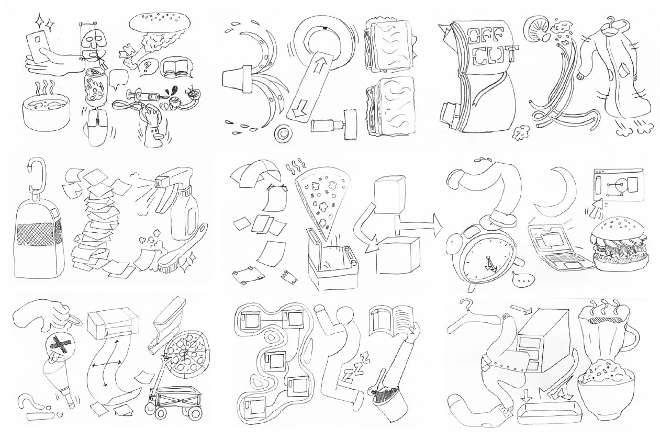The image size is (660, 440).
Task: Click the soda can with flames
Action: coord(94,87)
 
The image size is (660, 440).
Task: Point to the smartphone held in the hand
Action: coord(38,47)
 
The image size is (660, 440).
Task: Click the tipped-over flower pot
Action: coord(237,80)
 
